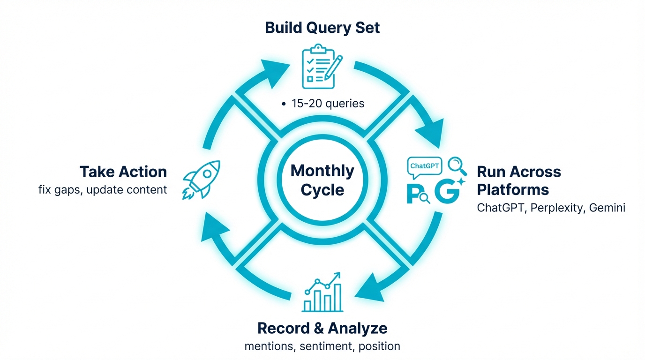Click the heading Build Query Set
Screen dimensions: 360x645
click(x=322, y=27)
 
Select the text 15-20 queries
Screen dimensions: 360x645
click(x=328, y=103)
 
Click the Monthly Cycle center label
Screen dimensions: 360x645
click(x=322, y=180)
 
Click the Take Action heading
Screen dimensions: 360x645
click(x=123, y=172)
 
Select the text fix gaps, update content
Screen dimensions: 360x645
click(x=103, y=190)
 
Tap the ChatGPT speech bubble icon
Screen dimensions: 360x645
click(x=425, y=167)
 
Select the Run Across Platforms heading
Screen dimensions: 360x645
click(x=518, y=180)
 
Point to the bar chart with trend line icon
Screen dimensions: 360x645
click(x=322, y=292)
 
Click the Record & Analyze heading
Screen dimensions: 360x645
click(x=322, y=328)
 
